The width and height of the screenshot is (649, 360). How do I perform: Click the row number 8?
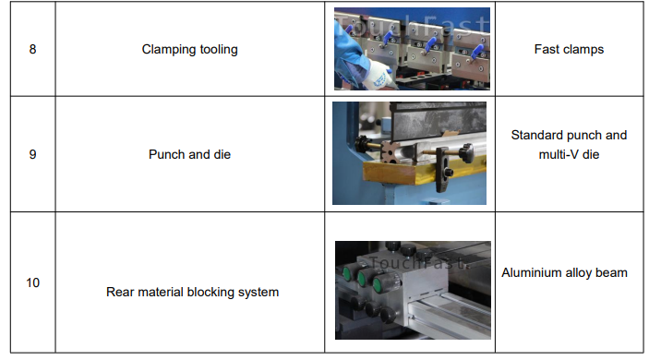click(32, 49)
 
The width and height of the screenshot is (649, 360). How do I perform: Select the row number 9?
click(32, 154)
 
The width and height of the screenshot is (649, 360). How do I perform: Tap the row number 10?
click(32, 282)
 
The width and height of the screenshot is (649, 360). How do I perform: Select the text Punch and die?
click(189, 154)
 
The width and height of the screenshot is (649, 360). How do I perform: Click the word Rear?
click(120, 292)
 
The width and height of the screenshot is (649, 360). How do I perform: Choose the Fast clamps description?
click(569, 49)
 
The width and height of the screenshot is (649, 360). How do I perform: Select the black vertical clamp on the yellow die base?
click(441, 170)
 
